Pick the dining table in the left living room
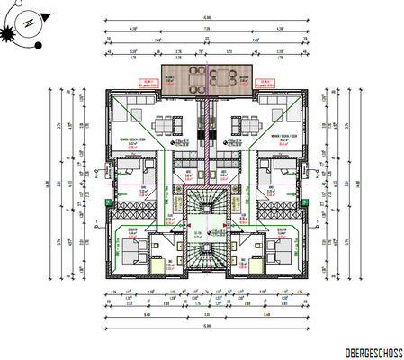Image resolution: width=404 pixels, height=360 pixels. pos(165,124)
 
